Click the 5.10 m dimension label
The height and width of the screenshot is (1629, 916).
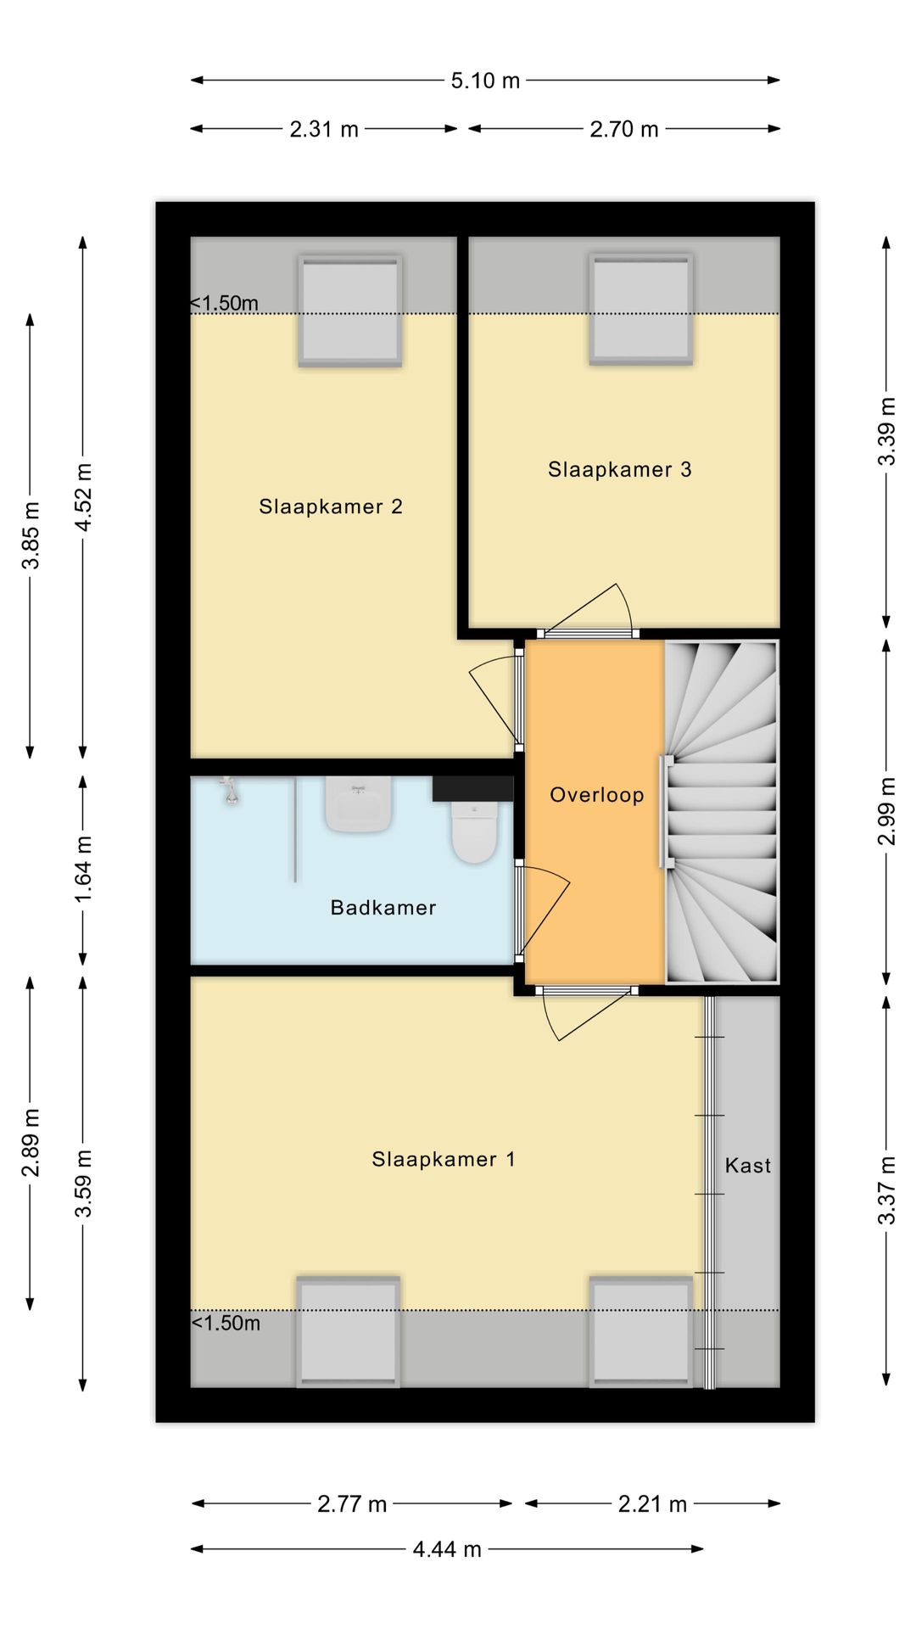tap(485, 81)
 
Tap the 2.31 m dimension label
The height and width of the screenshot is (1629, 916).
tap(324, 129)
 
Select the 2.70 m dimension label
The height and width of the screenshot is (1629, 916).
tap(624, 129)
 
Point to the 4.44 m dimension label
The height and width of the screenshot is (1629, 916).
tap(447, 1549)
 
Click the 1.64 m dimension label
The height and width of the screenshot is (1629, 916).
tap(83, 870)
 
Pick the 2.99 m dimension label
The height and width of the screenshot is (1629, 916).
tap(886, 811)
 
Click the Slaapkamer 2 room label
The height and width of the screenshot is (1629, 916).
tap(331, 507)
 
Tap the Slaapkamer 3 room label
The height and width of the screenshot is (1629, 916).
tap(620, 469)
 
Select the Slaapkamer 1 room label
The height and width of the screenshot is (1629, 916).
tap(444, 1159)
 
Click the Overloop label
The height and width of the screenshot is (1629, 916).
tap(597, 795)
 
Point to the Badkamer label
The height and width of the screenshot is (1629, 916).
tap(383, 908)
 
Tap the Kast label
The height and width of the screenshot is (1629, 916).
tap(748, 1166)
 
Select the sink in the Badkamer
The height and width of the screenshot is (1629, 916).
tap(359, 804)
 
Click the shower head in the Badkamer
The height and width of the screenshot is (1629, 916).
tap(228, 791)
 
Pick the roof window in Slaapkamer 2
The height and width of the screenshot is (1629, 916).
tap(350, 311)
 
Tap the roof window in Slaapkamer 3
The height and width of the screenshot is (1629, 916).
tap(641, 309)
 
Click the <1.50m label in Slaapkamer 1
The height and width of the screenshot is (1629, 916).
tap(226, 1323)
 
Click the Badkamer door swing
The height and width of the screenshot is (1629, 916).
tap(544, 913)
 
